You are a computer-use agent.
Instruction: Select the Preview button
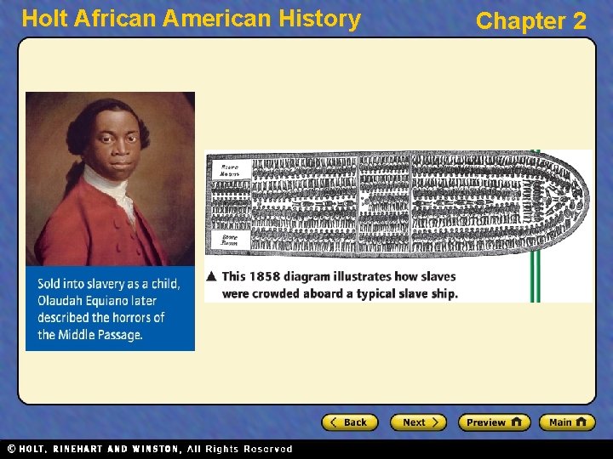[494, 422]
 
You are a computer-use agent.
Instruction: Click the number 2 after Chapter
[580, 21]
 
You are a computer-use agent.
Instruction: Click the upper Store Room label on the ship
[230, 168]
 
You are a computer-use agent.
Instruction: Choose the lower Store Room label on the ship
[230, 240]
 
